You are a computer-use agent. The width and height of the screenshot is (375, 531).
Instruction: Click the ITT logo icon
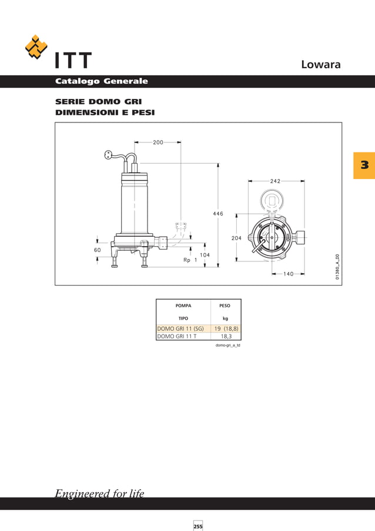[x=36, y=48]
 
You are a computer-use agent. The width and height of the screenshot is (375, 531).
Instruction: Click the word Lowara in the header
[x=320, y=64]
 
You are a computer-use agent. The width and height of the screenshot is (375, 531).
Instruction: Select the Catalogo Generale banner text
[x=101, y=81]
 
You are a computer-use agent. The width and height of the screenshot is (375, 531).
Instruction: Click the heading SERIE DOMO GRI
[x=98, y=102]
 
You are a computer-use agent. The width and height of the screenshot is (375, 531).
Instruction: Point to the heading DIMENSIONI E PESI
[x=105, y=112]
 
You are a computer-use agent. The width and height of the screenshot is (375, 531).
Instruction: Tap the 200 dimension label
[x=158, y=142]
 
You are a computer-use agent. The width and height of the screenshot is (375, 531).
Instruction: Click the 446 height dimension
[x=217, y=214]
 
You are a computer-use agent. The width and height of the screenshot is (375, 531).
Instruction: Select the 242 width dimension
[x=275, y=181]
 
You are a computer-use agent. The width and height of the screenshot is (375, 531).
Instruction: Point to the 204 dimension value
[x=237, y=238]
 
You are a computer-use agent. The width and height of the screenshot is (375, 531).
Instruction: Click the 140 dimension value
[x=288, y=274]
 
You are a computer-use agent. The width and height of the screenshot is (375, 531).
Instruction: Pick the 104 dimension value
[x=205, y=255]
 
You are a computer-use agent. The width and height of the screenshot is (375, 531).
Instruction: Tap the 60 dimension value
[x=97, y=250]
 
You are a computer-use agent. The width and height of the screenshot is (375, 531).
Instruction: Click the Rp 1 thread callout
[x=190, y=260]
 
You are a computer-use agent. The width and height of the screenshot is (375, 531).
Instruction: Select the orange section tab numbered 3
[x=364, y=165]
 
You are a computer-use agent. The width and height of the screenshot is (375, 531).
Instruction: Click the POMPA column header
[x=183, y=306]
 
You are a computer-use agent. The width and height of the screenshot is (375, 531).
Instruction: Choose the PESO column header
[x=225, y=306]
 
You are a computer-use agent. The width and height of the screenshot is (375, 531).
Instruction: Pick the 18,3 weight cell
[x=226, y=336]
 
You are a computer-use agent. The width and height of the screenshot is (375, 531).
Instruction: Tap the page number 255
[x=198, y=526]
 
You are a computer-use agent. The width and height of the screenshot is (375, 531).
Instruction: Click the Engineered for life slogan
[x=99, y=493]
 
